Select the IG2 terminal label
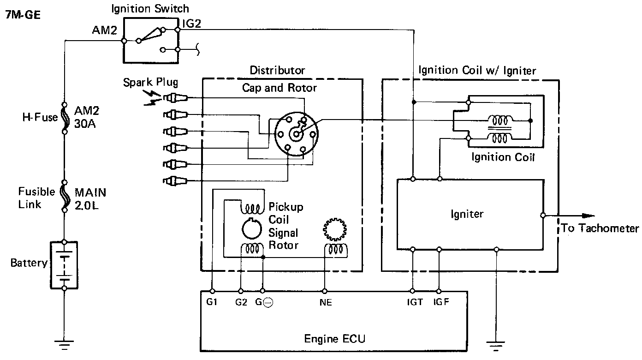[x=191, y=24]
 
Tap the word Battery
[x=29, y=263]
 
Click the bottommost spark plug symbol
[x=174, y=180]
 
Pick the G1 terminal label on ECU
[x=212, y=303]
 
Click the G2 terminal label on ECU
[x=241, y=303]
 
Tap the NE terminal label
[x=325, y=303]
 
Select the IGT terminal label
[x=415, y=303]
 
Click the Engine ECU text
[x=334, y=339]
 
